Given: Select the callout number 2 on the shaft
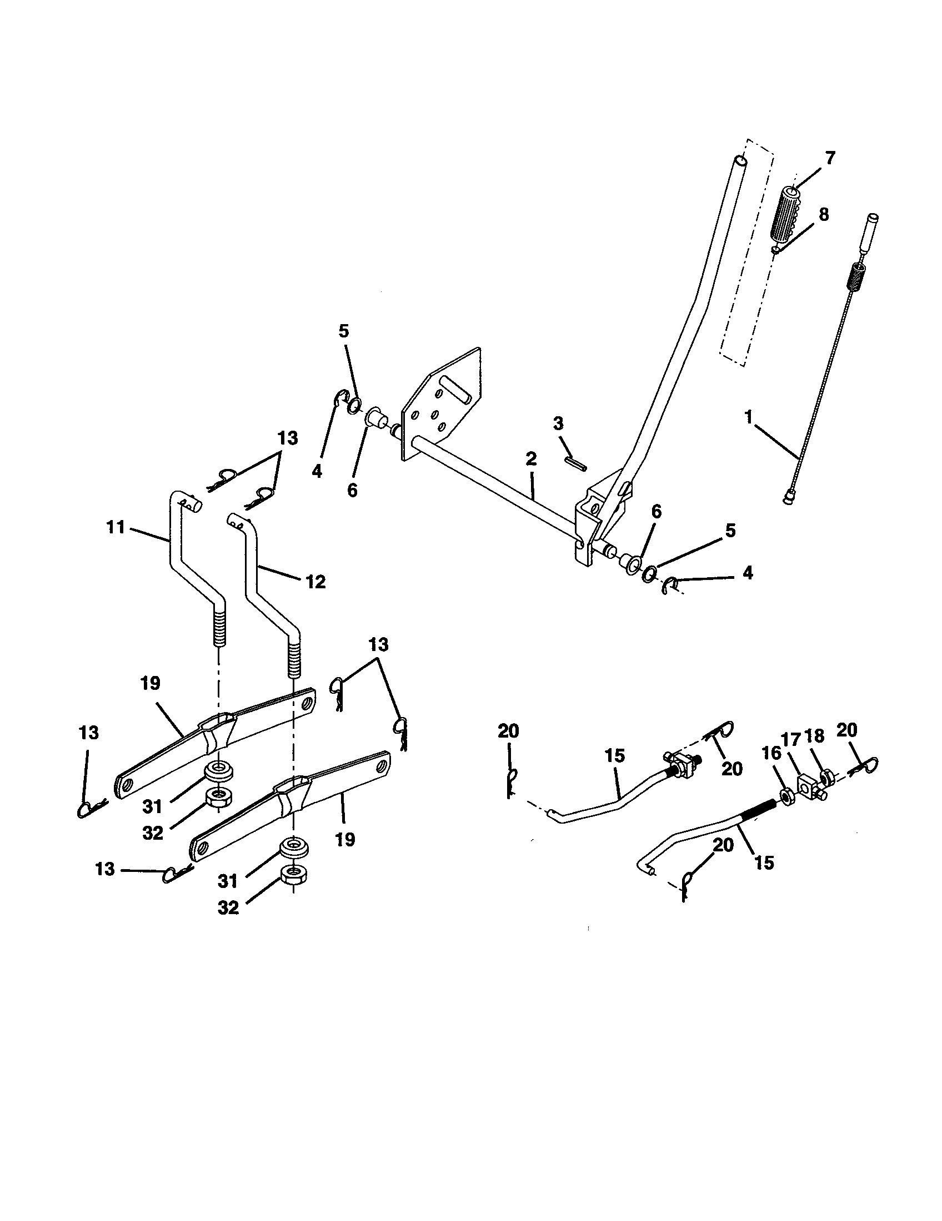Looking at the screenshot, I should pos(531,460).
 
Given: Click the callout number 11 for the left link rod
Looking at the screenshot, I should pos(116,527).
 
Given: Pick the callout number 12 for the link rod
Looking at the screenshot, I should pos(315,582).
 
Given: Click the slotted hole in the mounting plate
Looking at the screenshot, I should pos(454,387).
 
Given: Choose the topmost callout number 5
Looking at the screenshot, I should pos(343,331).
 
